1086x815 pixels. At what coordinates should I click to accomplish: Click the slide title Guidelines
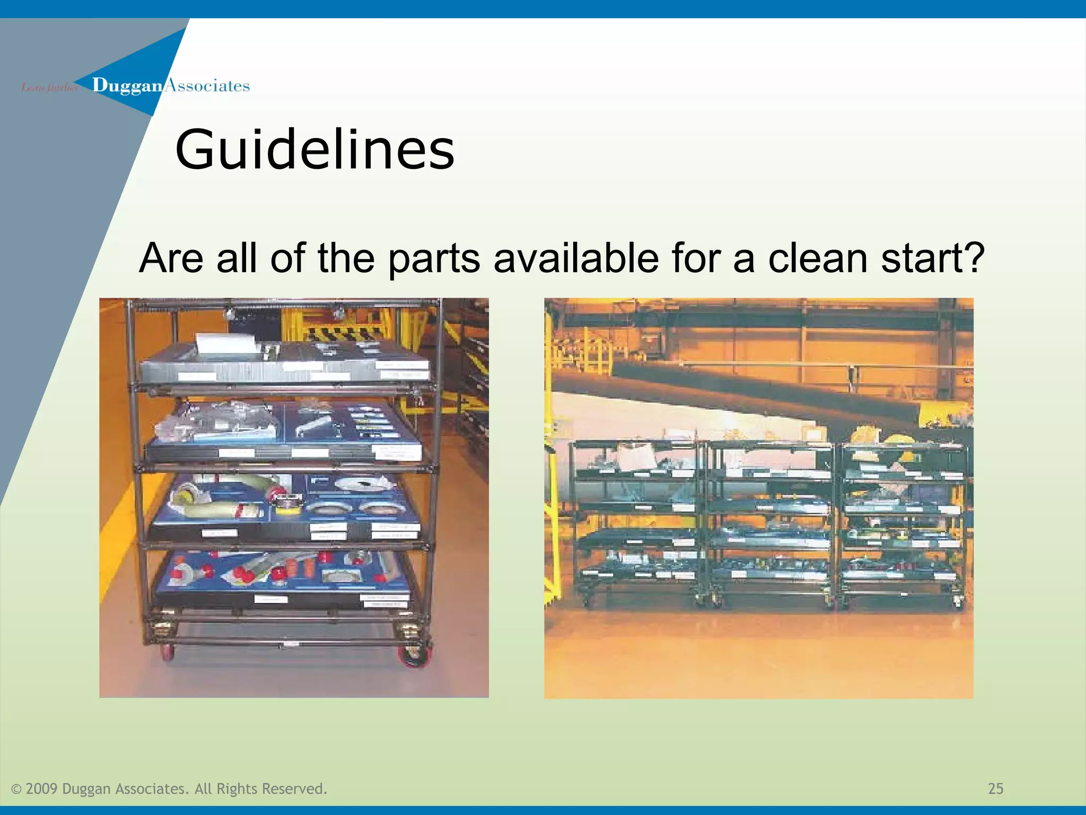[x=314, y=150]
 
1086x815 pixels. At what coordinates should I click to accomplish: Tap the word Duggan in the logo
[x=127, y=86]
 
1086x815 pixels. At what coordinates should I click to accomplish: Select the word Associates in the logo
[x=207, y=86]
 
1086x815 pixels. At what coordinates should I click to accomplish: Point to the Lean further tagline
[x=49, y=88]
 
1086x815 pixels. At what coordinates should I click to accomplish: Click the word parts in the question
[x=434, y=258]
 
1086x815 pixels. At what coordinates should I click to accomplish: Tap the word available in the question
[x=576, y=258]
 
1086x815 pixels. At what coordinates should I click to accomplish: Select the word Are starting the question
[x=171, y=258]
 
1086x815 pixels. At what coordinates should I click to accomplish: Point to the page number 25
[x=995, y=788]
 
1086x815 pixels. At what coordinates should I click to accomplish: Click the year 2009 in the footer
[x=41, y=789]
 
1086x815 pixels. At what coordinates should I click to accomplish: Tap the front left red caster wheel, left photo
[x=168, y=653]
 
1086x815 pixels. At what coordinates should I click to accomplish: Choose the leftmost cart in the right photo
[x=636, y=523]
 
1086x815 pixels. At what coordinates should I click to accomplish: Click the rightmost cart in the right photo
[x=903, y=523]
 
